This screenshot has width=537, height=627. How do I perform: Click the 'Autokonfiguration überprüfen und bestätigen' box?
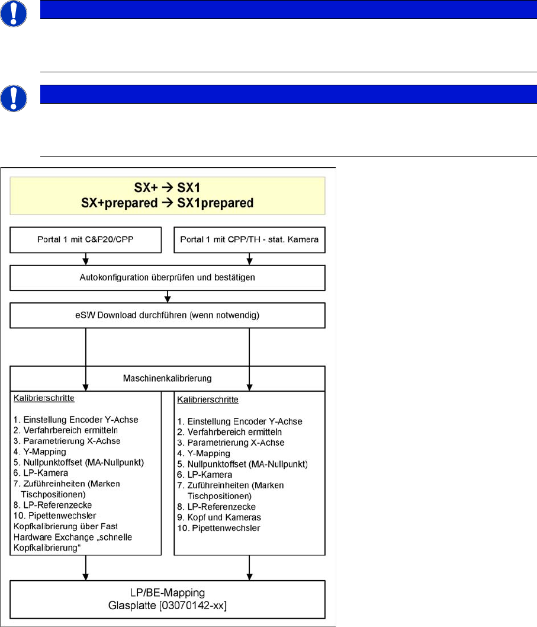click(x=168, y=277)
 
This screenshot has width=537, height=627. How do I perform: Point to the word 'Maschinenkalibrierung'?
click(x=168, y=377)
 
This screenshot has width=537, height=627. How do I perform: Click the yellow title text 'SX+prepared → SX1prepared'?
click(x=168, y=203)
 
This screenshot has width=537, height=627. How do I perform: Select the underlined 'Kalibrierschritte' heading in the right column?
click(x=207, y=399)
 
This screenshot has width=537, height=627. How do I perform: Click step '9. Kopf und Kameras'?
click(x=217, y=517)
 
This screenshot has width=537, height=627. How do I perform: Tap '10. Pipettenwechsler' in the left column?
click(x=54, y=516)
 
